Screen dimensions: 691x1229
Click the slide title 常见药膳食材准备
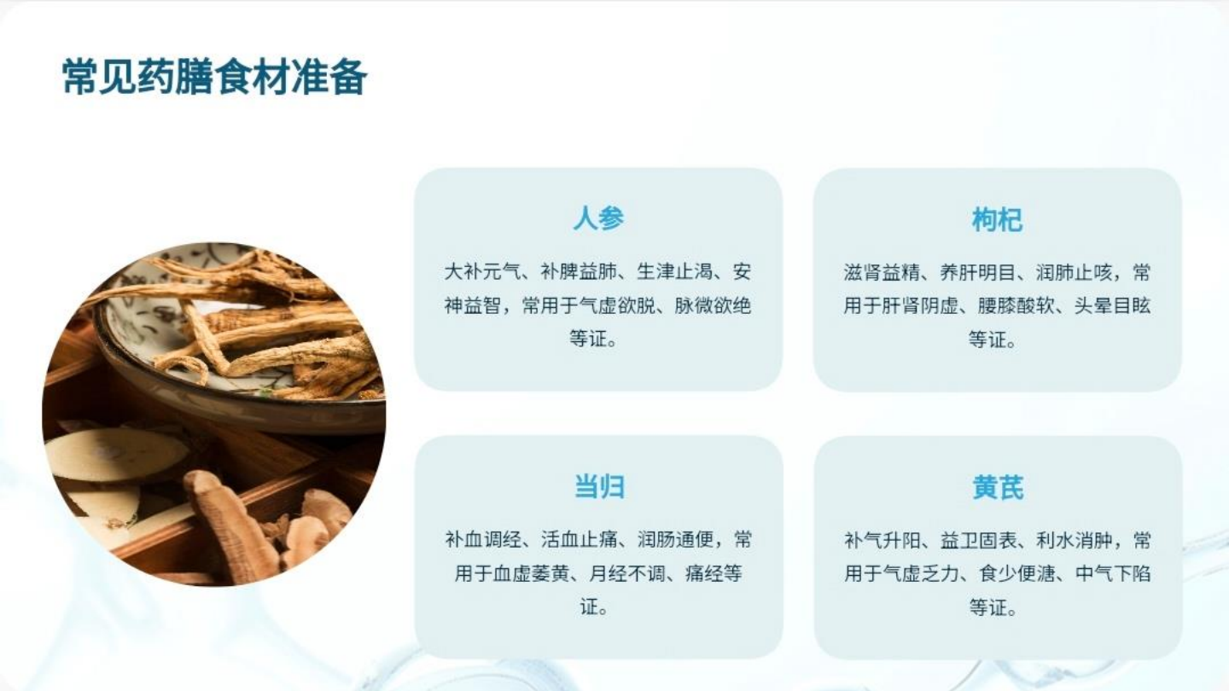[214, 78]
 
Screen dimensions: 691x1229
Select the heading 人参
[598, 218]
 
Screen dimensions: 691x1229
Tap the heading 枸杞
[997, 219]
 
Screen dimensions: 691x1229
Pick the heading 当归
[598, 486]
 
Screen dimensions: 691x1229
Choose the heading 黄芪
[997, 487]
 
